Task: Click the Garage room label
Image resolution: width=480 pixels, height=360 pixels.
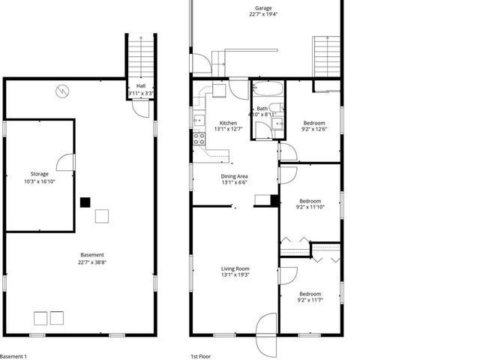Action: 262,9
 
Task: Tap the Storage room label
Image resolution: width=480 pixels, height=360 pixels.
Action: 40,173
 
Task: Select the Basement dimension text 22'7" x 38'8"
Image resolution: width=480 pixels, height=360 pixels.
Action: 91,262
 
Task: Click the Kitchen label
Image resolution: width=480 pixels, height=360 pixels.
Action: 228,123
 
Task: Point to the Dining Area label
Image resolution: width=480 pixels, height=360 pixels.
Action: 234,176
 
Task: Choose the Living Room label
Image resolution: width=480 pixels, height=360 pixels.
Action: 235,268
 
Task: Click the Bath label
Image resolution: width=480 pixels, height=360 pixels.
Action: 262,109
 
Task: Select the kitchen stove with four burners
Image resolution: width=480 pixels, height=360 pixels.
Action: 199,138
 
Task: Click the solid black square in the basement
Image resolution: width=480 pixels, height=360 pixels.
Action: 85,202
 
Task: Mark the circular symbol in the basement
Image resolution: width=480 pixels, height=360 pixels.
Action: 62,91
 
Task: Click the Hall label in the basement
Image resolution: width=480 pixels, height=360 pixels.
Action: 141,85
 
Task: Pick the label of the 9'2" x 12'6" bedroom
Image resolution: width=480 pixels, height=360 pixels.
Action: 313,123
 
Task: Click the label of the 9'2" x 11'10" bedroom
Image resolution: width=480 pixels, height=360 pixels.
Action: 310,201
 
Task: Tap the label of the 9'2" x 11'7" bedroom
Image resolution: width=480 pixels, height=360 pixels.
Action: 310,294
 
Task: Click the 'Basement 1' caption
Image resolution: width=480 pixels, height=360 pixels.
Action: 13,355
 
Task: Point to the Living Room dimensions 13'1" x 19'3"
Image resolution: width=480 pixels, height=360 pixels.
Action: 235,274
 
